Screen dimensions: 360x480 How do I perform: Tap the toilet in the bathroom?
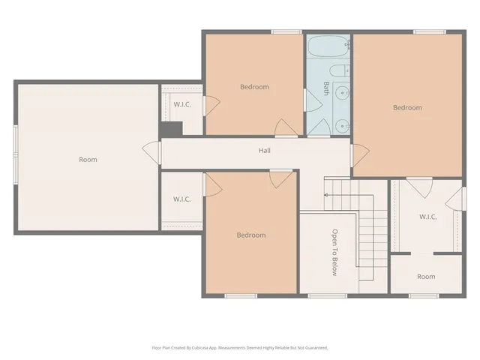pyautogui.click(x=340, y=72)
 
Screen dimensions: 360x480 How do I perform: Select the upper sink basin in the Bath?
pyautogui.click(x=342, y=93)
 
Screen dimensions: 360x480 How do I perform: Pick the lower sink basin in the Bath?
pyautogui.click(x=342, y=125)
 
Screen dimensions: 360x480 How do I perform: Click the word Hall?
pyautogui.click(x=264, y=151)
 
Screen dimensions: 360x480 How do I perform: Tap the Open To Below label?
pyautogui.click(x=334, y=252)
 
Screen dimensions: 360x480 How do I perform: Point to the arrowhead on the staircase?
pyautogui.click(x=325, y=195)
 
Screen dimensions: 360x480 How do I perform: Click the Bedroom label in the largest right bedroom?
pyautogui.click(x=407, y=107)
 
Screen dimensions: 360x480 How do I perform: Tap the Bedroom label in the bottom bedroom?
pyautogui.click(x=251, y=235)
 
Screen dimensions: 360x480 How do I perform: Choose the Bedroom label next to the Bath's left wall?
pyautogui.click(x=254, y=87)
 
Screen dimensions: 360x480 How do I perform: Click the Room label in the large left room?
pyautogui.click(x=88, y=159)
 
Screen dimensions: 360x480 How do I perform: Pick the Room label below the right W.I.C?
pyautogui.click(x=426, y=277)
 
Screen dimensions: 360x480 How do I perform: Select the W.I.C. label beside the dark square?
pyautogui.click(x=182, y=104)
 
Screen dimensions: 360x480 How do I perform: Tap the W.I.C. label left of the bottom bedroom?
pyautogui.click(x=182, y=199)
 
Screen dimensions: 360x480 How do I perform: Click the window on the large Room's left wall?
pyautogui.click(x=15, y=154)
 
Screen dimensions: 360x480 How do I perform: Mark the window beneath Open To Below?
pyautogui.click(x=322, y=295)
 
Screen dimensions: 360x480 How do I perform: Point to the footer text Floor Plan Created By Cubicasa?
pyautogui.click(x=240, y=347)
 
